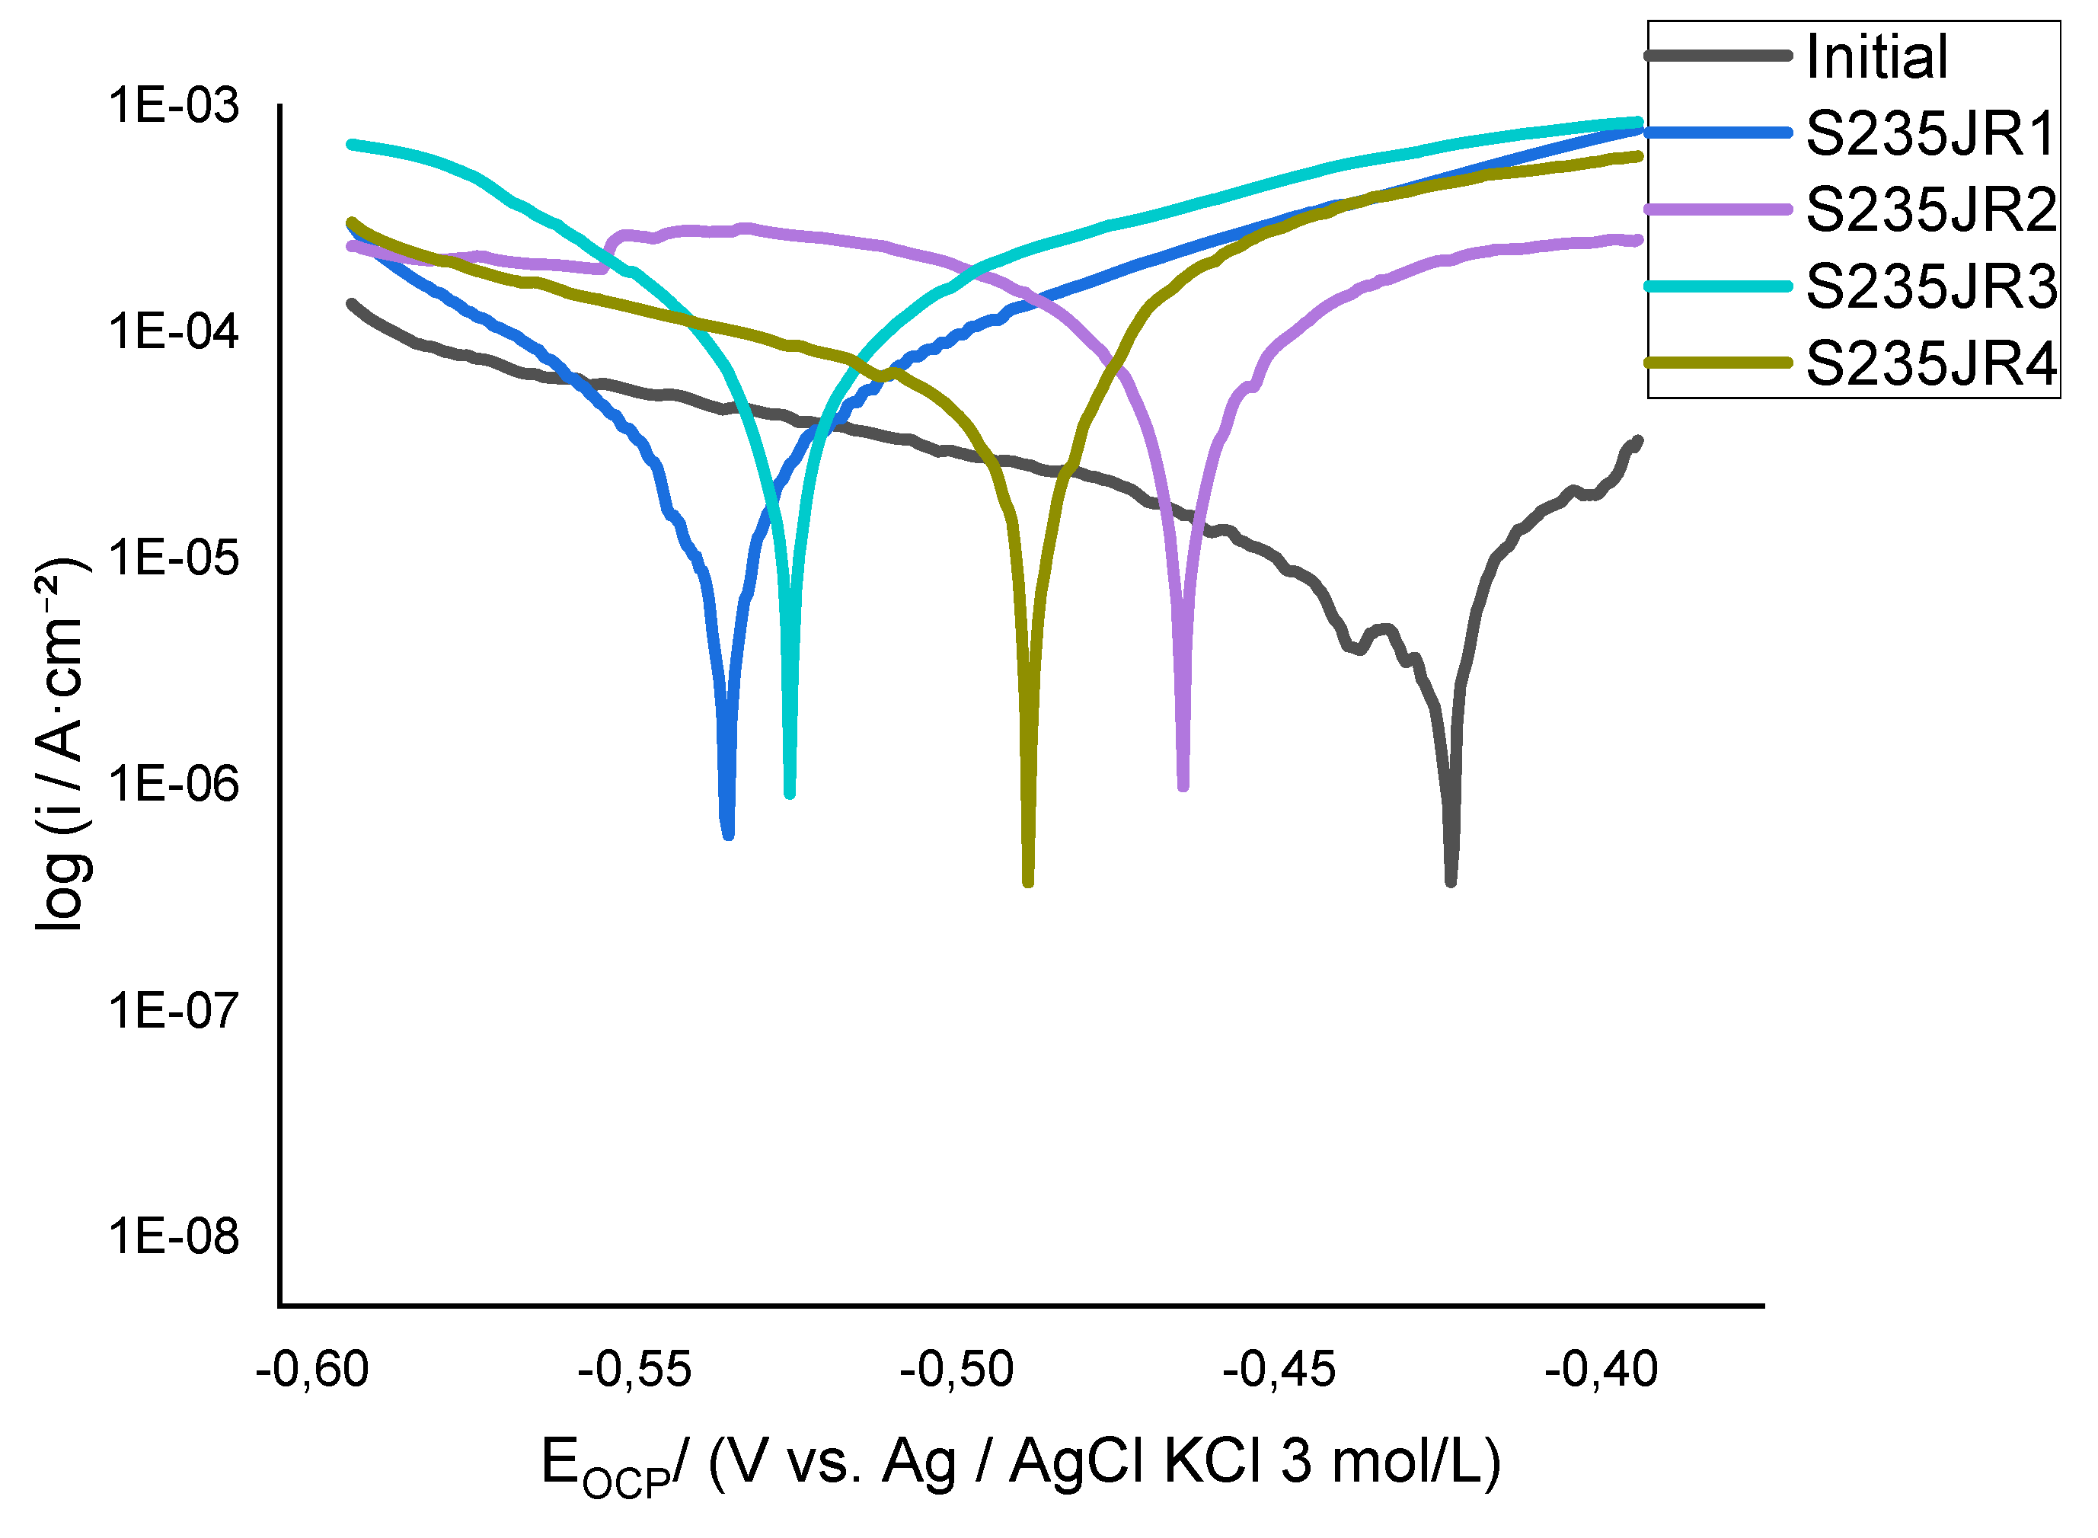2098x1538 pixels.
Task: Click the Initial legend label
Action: [1876, 57]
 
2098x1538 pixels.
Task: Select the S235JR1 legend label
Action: [1930, 133]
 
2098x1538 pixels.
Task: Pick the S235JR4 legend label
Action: [1930, 363]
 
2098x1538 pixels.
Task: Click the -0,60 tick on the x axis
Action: [313, 1370]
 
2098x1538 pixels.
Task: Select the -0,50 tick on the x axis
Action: [956, 1370]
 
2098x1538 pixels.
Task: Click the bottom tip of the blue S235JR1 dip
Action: [729, 834]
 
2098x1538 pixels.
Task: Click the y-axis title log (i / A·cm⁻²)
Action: [62, 745]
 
